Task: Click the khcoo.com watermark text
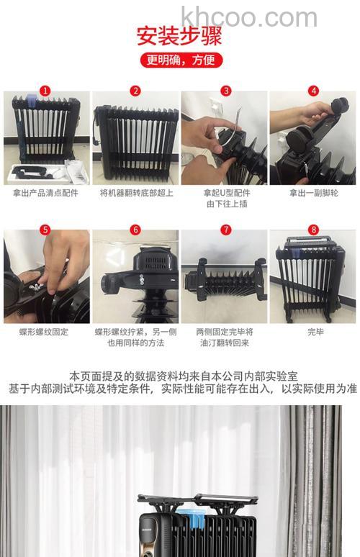pos(249,17)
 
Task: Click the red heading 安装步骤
pos(179,37)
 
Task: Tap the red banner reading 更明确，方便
pos(180,60)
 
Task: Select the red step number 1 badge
pos(46,91)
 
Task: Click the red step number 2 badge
pos(135,91)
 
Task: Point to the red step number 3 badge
pos(225,91)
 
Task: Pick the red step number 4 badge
pos(314,91)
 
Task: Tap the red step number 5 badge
pos(46,230)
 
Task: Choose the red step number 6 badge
pos(135,230)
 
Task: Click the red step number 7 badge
pos(225,230)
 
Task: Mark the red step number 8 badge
pos(313,230)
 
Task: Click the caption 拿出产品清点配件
pos(46,194)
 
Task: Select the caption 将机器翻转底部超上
pos(135,194)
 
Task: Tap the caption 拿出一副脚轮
pos(313,194)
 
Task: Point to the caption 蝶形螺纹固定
pos(46,332)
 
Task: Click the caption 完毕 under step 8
pos(313,332)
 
